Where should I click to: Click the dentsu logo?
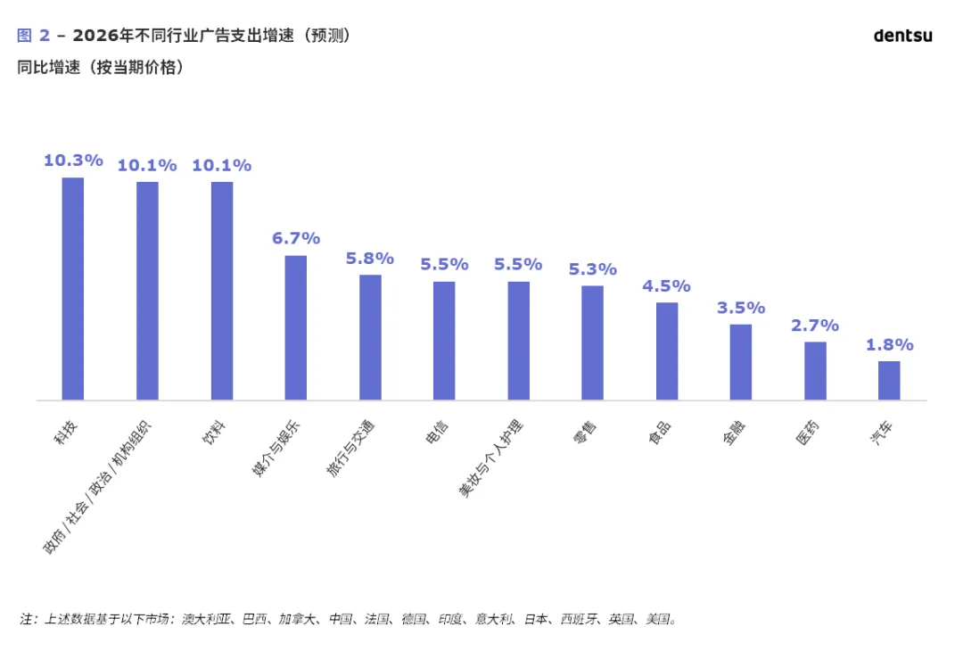tap(902, 36)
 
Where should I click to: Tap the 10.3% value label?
tap(73, 161)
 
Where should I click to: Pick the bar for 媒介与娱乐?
tap(295, 327)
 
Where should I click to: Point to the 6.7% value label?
tap(296, 238)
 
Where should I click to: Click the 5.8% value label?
tap(370, 259)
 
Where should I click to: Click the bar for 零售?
tap(592, 342)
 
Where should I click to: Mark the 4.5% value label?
tap(667, 286)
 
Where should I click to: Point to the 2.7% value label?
tap(815, 326)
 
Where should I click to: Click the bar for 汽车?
tap(889, 380)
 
